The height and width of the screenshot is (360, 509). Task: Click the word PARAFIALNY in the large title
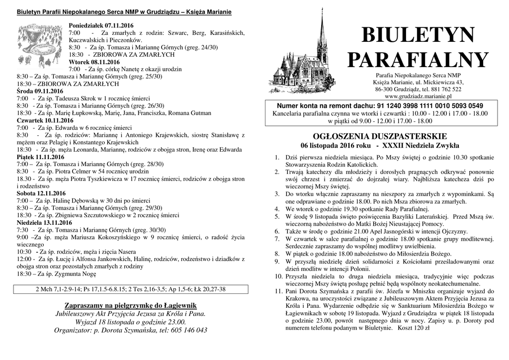[x=418, y=60]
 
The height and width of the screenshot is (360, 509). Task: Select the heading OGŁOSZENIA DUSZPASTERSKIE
[x=380, y=136]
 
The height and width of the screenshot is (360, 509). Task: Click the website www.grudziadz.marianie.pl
[x=418, y=96]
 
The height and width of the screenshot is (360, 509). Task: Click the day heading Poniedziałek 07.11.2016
[x=101, y=25]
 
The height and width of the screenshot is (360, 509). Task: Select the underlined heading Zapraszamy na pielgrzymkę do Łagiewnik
[x=131, y=305]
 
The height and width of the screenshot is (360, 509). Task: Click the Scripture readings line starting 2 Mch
[x=131, y=289]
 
